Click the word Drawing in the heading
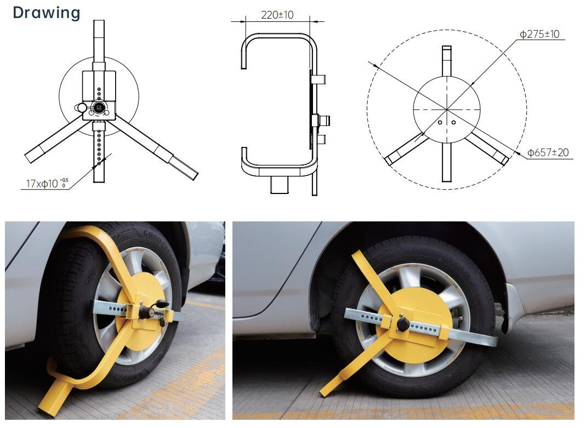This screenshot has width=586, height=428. tap(47, 12)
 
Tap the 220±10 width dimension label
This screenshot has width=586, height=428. tap(277, 15)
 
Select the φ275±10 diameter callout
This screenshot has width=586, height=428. tap(539, 34)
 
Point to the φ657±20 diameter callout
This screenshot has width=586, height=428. tap(548, 152)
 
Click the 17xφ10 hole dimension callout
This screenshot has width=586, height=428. tap(47, 183)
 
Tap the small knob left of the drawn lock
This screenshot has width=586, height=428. tap(82, 109)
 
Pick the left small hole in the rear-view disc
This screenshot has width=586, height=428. tap(440, 123)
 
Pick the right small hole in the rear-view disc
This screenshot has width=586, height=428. tap(454, 123)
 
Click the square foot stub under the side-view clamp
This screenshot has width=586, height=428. tap(279, 185)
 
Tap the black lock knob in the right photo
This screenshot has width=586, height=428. tap(403, 323)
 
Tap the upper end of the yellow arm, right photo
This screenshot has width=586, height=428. tap(357, 257)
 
